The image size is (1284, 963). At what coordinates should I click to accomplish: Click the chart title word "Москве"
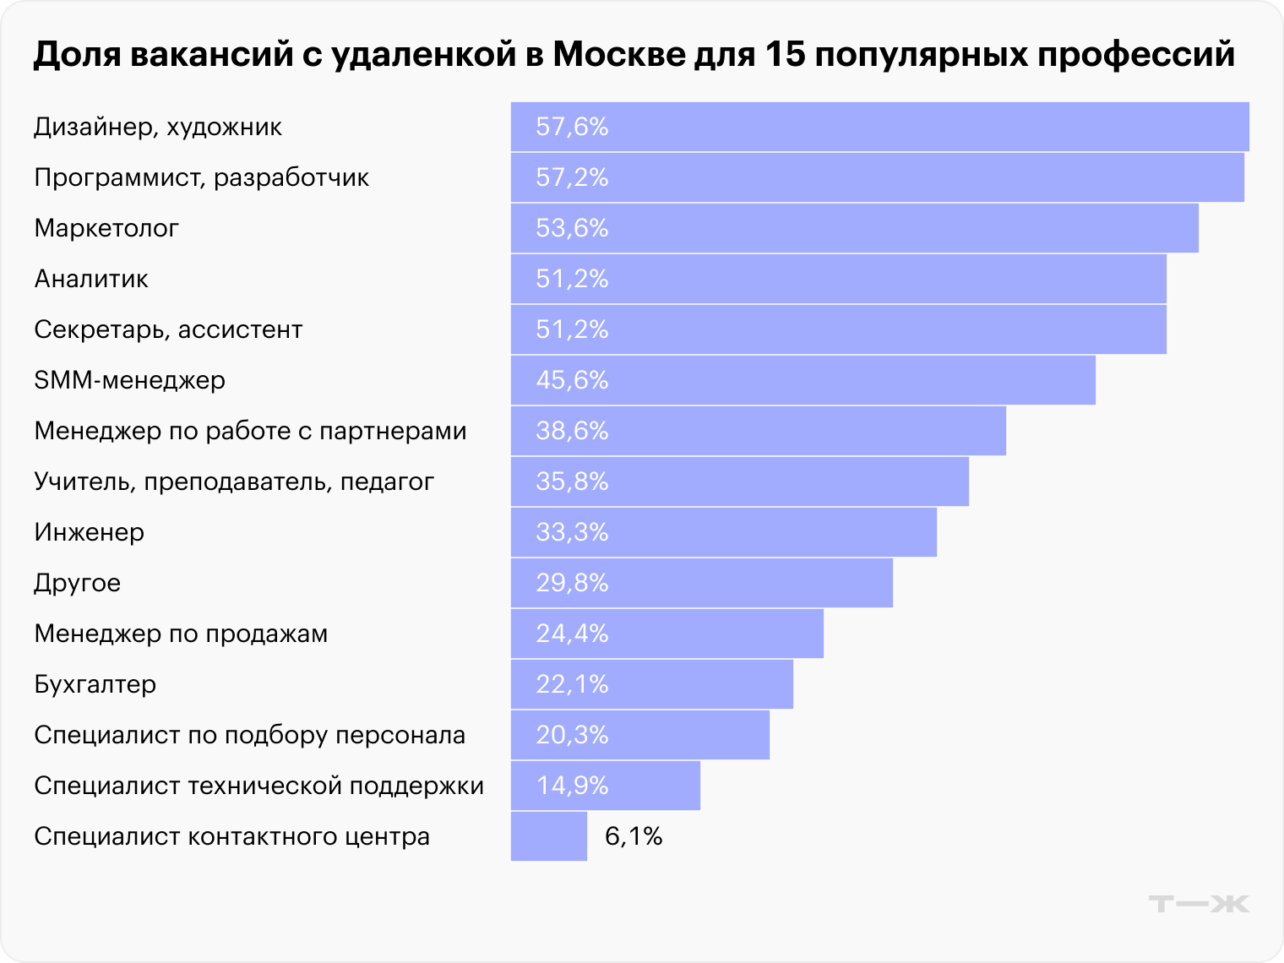coord(618,54)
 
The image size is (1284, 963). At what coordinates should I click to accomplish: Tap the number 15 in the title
coord(786,54)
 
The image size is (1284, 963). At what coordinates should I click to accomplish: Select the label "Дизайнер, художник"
coord(158,127)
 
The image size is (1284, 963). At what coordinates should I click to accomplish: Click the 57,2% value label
coord(572,177)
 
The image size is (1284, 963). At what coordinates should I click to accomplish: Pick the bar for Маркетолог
coord(854,228)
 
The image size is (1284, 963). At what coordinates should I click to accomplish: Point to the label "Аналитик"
coord(91,279)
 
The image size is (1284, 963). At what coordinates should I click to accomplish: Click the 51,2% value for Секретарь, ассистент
coord(572,329)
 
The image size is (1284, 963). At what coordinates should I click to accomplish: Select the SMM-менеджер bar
coord(802,380)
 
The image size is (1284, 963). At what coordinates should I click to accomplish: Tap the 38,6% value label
coord(572,431)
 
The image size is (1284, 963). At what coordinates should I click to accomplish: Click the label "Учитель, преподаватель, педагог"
coord(234,481)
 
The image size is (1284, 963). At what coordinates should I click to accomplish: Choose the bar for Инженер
coord(723,532)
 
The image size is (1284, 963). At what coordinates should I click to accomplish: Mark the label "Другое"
coord(77,583)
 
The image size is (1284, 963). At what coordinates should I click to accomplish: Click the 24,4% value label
coord(572,634)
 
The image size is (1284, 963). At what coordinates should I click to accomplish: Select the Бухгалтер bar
coord(651,684)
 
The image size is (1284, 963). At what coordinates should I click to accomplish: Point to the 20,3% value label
coord(572,735)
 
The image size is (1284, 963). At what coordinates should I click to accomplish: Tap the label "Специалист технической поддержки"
coord(258,786)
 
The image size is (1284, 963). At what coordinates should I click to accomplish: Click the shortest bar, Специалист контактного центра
coord(548,836)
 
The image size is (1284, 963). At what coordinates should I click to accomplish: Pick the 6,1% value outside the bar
coord(634,836)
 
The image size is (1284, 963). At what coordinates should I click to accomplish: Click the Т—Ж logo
coord(1198,903)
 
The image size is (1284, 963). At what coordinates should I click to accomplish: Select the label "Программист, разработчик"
coord(201,177)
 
